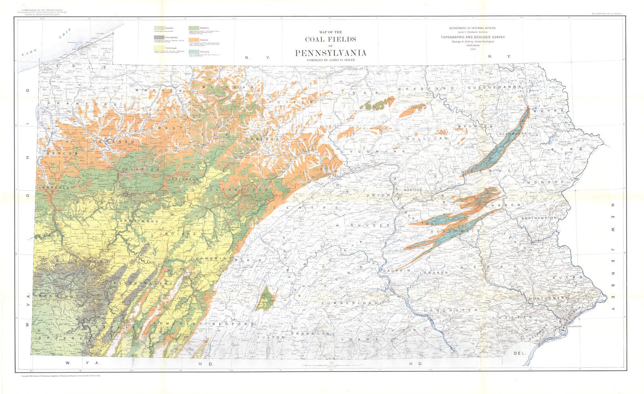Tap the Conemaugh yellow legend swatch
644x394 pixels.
click(x=159, y=48)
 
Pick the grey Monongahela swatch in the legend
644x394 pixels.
click(x=159, y=38)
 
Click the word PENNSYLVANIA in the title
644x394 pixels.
click(x=330, y=53)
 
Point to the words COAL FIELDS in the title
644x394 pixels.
click(x=330, y=39)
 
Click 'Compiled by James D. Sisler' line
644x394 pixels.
click(x=330, y=60)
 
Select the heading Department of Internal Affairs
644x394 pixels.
click(x=473, y=28)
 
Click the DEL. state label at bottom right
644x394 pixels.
click(x=520, y=353)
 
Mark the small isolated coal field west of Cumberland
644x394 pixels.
click(x=266, y=299)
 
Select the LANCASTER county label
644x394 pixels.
click(x=454, y=310)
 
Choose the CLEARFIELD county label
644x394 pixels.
click(x=238, y=189)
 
